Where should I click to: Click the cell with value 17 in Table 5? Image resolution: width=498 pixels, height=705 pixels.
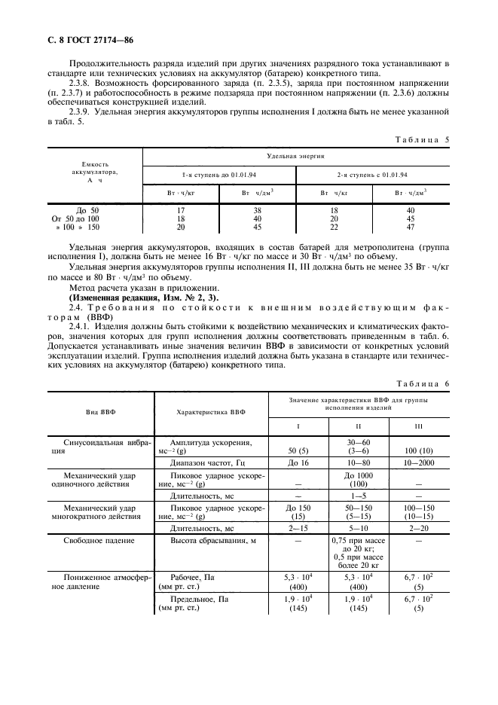pos(181,210)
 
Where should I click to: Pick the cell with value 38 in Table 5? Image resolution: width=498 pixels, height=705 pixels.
pos(256,210)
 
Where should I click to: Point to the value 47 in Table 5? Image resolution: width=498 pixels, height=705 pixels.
pos(411,227)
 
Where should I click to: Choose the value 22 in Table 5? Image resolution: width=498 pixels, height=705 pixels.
pos(334,227)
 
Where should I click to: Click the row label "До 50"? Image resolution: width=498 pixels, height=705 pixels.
pos(88,210)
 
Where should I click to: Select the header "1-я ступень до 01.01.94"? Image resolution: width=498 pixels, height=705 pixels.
pos(218,174)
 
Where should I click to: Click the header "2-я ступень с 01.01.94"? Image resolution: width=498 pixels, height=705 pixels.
pos(372,174)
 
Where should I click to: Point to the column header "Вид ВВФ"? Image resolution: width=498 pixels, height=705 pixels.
pos(100,413)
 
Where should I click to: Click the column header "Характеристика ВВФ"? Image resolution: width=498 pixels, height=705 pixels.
pos(210,413)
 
